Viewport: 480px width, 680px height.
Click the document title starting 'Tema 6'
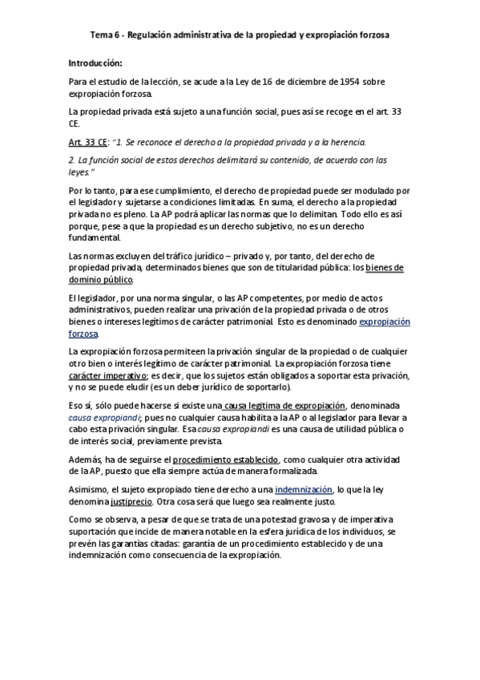tap(240, 36)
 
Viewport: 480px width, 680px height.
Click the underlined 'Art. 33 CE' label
tap(88, 142)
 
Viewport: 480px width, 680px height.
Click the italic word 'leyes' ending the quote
tap(79, 172)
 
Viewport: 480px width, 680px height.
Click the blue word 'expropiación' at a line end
tap(383, 322)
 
